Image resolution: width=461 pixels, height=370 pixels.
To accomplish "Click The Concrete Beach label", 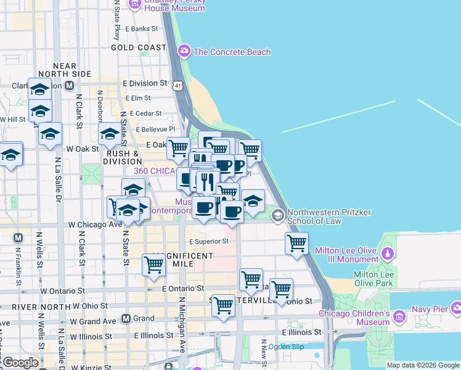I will [232, 52].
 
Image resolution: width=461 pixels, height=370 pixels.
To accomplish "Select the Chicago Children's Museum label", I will [354, 318].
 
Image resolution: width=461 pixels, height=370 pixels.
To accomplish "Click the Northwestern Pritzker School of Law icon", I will [278, 215].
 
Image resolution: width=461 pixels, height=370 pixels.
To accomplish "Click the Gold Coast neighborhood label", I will [138, 47].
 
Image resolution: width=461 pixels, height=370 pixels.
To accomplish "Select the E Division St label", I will [145, 83].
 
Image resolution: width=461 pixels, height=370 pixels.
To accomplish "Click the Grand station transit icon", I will [126, 319].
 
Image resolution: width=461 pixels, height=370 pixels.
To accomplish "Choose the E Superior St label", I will [209, 241].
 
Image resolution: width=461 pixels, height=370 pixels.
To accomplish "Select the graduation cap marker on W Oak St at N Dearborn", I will [110, 134].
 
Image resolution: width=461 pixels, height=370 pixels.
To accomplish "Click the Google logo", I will [20, 363].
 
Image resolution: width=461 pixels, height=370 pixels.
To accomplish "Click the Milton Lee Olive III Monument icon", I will [388, 252].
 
